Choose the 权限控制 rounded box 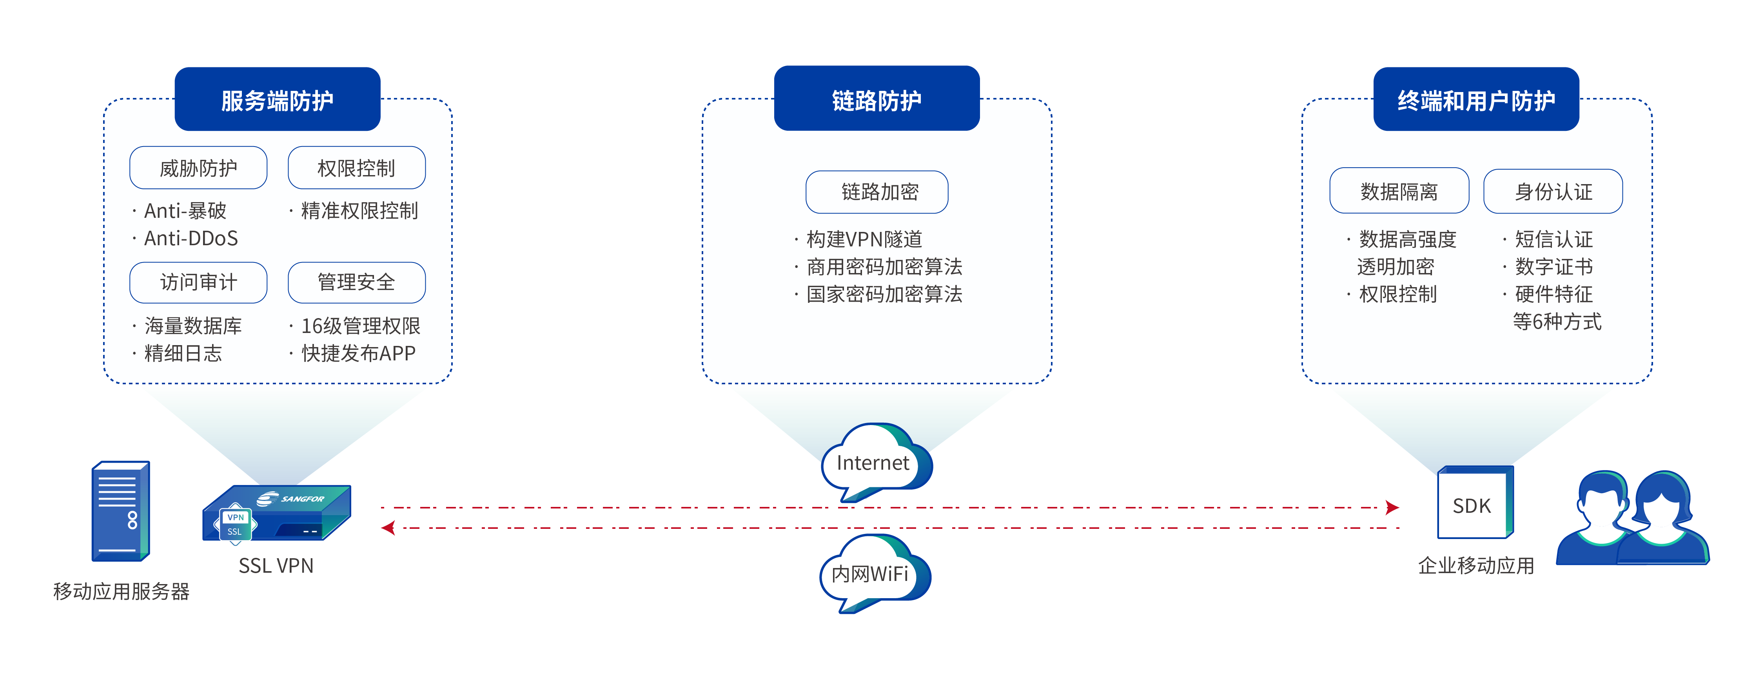point(356,168)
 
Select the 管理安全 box point(356,282)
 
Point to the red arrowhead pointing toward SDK point(1392,507)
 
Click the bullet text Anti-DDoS point(191,238)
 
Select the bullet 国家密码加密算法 point(883,295)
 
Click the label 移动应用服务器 point(121,591)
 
